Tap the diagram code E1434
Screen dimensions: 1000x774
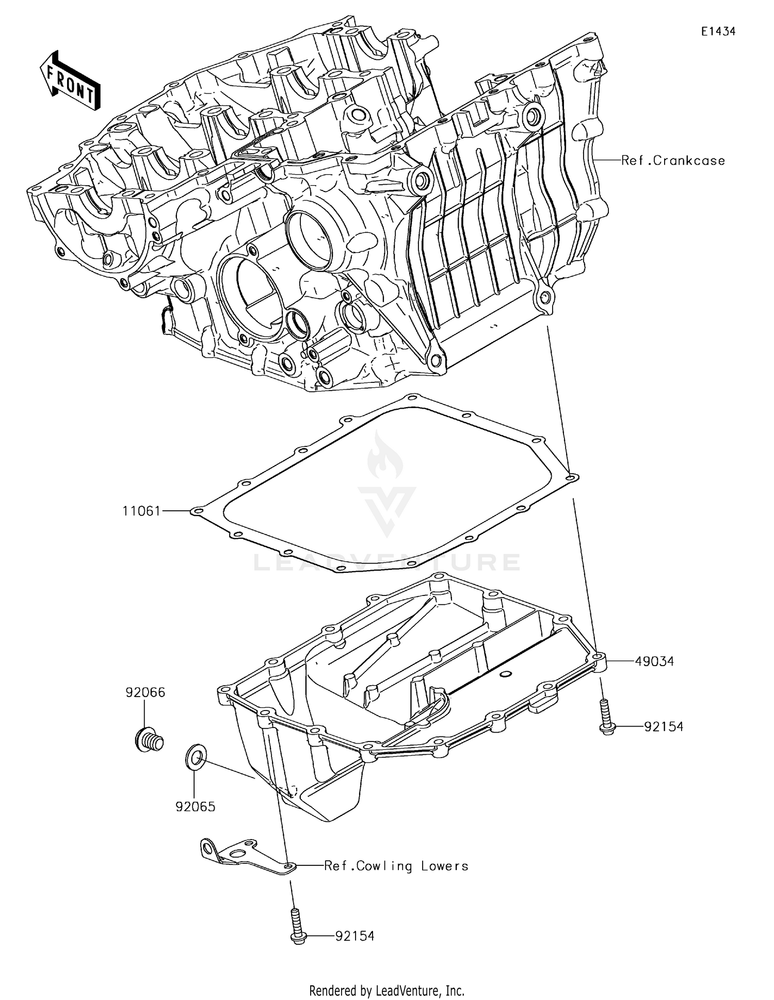pos(718,31)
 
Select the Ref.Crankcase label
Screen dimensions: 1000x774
pos(673,160)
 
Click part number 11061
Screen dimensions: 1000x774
pos(141,511)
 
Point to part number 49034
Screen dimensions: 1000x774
pos(654,661)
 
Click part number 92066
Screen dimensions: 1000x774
pos(146,692)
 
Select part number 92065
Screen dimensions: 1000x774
pos(196,807)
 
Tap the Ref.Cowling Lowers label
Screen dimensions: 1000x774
pos(396,866)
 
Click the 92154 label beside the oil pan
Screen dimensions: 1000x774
pos(664,727)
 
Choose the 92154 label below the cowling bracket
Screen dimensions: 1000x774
pos(354,936)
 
